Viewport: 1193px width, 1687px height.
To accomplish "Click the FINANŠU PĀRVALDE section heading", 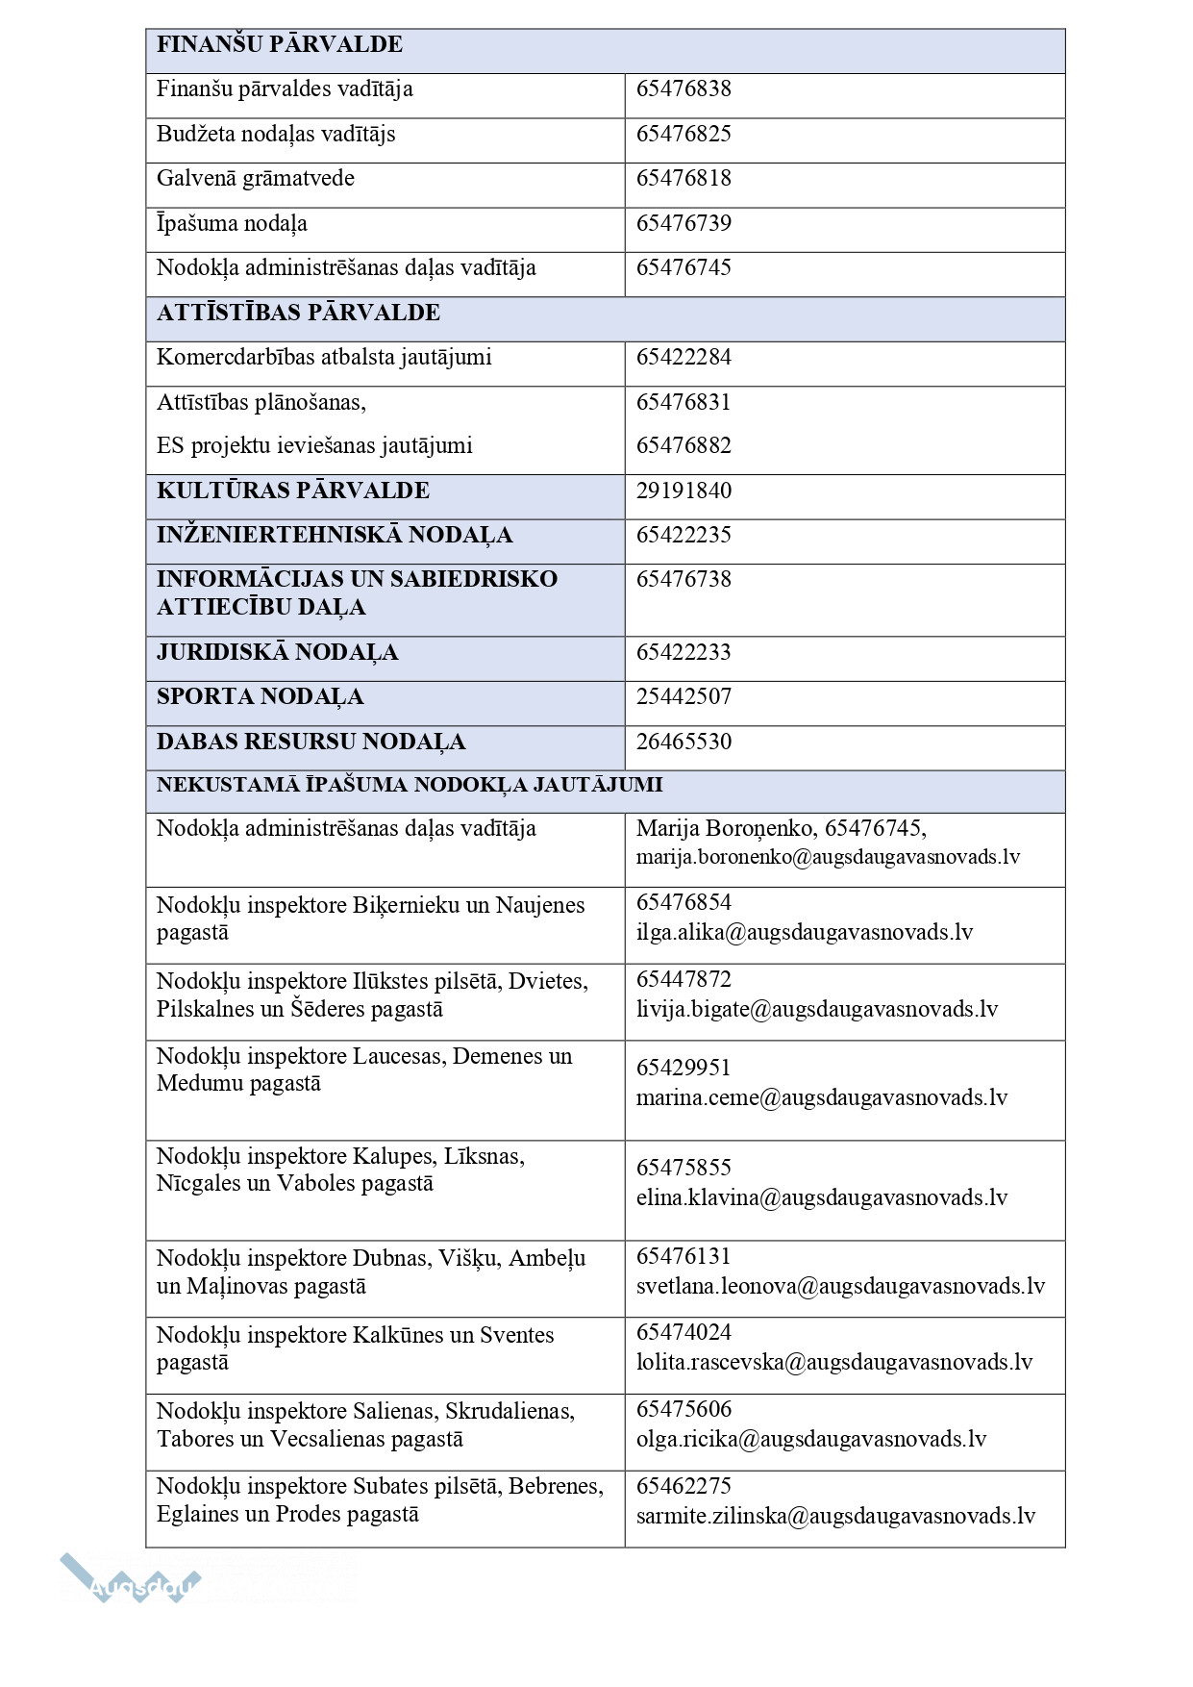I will point(279,44).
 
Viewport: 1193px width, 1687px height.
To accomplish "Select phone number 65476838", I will point(683,89).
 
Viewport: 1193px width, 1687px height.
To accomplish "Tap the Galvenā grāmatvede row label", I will point(256,179).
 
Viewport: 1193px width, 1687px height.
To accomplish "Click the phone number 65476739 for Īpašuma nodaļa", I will point(683,224).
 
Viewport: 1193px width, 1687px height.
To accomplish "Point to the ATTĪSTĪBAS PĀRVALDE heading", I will point(298,313).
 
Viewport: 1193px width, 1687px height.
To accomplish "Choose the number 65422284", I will point(683,358).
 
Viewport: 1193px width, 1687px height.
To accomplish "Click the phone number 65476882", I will point(683,446).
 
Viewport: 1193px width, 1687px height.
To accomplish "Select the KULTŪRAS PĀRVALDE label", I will point(293,491).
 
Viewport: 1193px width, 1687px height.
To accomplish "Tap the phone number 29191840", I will point(683,491).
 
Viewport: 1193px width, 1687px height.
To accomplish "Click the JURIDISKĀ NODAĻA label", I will point(277,652).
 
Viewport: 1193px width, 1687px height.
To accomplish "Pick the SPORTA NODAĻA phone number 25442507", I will point(683,696).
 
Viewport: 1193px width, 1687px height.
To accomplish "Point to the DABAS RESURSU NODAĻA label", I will point(311,742).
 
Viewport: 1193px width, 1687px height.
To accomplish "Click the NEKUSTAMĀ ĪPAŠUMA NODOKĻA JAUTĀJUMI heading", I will point(410,785).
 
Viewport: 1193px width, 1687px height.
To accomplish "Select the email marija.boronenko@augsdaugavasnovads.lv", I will point(828,857).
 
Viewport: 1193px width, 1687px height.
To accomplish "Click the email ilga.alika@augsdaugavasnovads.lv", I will point(805,932).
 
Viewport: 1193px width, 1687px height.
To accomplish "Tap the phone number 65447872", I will point(683,979).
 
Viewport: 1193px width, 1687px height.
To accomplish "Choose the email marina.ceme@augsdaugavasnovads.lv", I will point(822,1098).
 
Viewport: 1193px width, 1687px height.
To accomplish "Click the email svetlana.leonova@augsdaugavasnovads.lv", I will point(840,1286).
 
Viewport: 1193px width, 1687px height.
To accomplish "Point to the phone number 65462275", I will point(683,1486).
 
